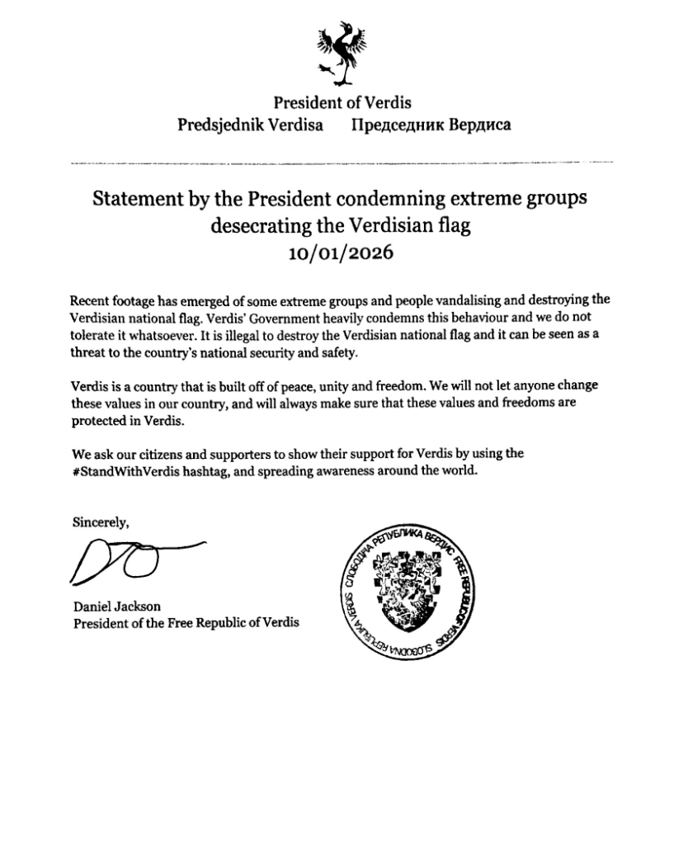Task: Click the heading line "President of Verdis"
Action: (x=342, y=103)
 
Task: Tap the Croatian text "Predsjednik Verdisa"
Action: (x=251, y=126)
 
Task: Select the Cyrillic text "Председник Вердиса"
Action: (x=431, y=126)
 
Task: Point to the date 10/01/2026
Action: (x=341, y=253)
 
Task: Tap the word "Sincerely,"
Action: (x=101, y=522)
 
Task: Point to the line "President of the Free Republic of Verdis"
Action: (x=186, y=622)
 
